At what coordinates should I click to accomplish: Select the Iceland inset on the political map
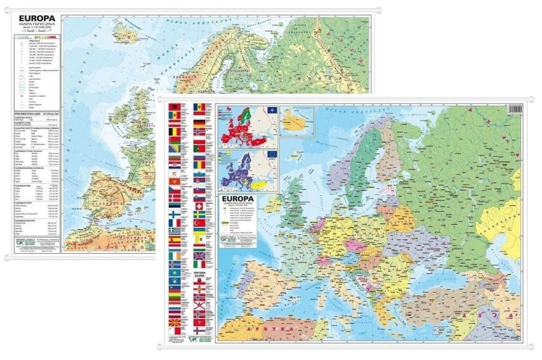297,121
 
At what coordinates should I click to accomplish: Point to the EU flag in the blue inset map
272,154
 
